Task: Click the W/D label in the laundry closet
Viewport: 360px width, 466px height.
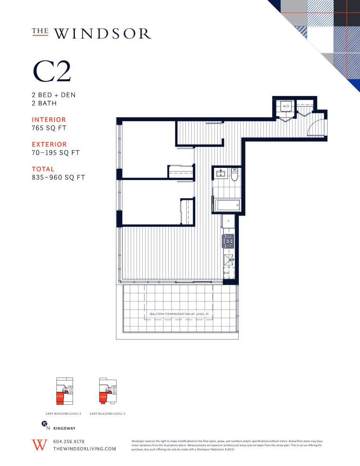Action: point(286,106)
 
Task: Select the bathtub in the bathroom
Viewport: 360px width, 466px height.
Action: point(227,205)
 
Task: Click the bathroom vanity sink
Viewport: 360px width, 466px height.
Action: point(221,173)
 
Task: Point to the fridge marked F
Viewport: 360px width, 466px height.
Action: point(228,221)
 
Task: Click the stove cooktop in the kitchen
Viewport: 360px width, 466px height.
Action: point(229,241)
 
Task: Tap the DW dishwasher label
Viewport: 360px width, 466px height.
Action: point(227,273)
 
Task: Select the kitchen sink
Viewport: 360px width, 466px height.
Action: point(229,258)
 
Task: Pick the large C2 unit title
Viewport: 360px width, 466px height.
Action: point(52,71)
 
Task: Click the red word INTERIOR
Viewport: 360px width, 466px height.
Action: point(49,120)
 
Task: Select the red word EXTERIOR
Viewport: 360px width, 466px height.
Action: point(49,144)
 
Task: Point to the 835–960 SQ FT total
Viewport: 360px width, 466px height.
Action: point(58,177)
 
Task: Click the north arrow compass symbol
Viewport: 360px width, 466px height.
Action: point(44,424)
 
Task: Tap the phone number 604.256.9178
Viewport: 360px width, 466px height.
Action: point(69,441)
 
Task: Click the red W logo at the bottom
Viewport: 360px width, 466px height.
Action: point(39,445)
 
